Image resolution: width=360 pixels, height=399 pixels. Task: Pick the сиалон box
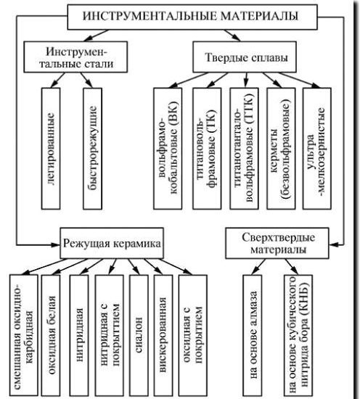(139, 334)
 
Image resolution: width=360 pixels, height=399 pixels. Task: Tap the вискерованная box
(163, 334)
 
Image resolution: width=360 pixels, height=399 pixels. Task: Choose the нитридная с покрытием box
(110, 334)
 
